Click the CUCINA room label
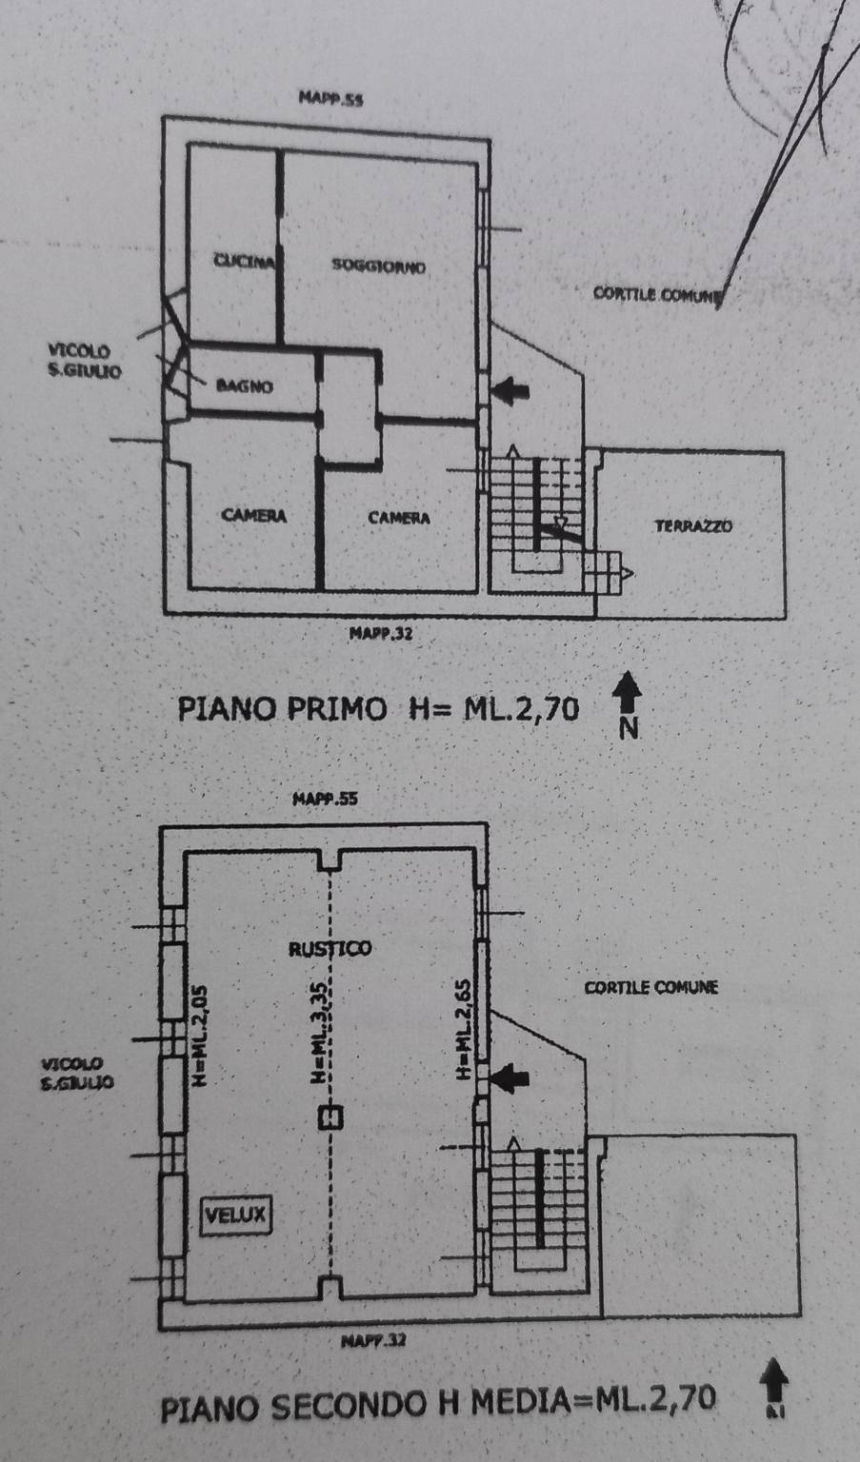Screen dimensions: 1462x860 point(245,262)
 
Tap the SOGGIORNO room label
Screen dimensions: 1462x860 point(378,265)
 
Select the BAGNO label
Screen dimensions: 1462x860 point(244,385)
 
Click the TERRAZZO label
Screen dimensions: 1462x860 point(693,524)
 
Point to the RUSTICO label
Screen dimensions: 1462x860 point(330,948)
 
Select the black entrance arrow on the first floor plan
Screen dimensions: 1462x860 point(514,388)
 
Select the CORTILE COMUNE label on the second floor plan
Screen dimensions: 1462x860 point(650,987)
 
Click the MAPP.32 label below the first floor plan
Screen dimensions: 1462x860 point(381,632)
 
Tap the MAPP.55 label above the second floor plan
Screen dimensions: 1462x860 point(325,800)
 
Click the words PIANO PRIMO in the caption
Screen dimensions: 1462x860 point(282,709)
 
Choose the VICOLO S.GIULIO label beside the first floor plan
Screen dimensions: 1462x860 point(85,362)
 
